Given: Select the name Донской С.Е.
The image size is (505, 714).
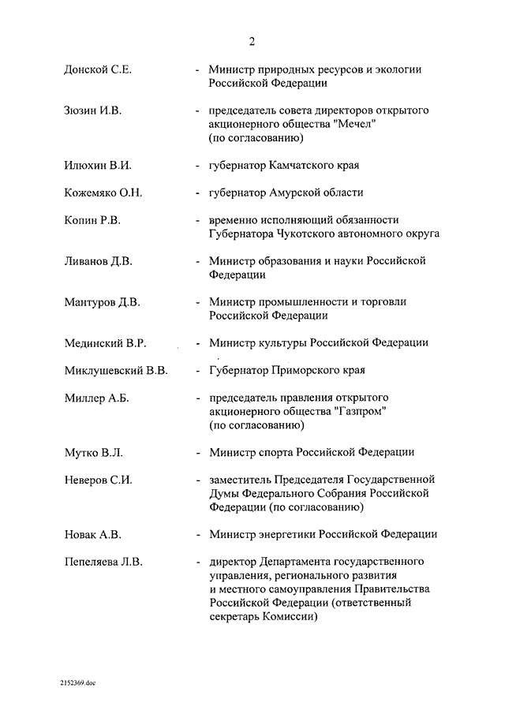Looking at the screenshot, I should (97, 69).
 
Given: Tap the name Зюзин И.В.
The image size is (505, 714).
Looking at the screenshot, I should (92, 111).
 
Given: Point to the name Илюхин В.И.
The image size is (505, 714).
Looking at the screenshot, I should (96, 165).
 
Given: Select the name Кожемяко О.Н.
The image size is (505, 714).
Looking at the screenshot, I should (103, 193).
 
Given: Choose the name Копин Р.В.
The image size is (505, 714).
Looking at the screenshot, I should (92, 220).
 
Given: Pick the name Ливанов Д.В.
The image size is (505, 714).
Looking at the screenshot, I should (99, 261).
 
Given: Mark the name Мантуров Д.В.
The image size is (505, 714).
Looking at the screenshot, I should (103, 302).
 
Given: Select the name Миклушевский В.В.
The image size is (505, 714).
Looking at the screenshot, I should (115, 370).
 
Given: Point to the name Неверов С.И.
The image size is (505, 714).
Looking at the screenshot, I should (97, 480).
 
